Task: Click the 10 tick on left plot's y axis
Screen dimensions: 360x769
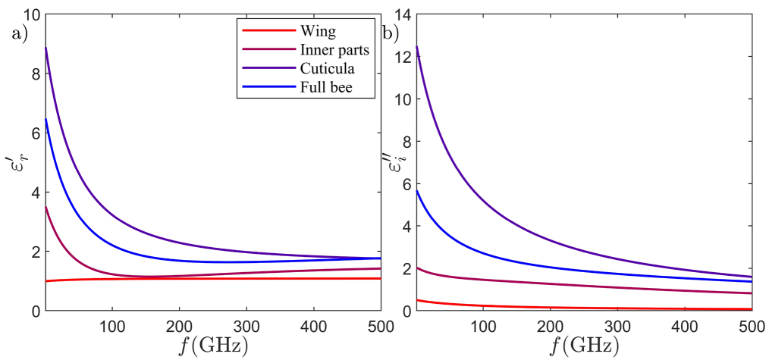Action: (30, 14)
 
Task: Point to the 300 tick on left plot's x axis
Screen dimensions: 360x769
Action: (246, 324)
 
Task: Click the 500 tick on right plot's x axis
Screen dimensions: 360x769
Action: (750, 324)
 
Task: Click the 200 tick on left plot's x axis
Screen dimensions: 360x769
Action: (179, 324)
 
